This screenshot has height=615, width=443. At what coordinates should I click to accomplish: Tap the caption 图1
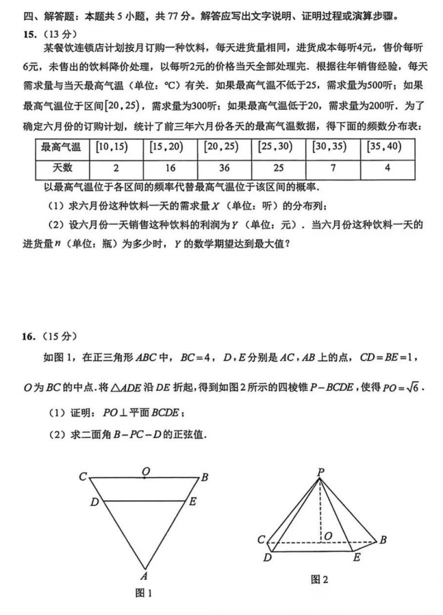144,593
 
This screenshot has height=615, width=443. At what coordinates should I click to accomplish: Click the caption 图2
319,579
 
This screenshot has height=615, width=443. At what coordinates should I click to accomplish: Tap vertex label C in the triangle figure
83,477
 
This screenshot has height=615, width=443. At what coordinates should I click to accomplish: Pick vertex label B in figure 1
205,477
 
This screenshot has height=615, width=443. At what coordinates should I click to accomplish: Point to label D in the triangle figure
94,502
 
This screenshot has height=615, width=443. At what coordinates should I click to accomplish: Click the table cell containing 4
387,168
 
